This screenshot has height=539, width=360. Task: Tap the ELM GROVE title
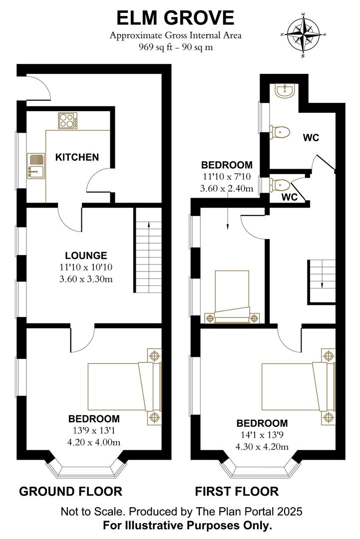click(x=175, y=17)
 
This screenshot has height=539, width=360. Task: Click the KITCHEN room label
click(x=77, y=157)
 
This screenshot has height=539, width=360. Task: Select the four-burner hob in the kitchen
click(x=67, y=120)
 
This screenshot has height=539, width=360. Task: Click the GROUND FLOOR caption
click(x=70, y=492)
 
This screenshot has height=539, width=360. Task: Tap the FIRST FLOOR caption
click(x=237, y=492)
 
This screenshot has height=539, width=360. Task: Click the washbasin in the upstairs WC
click(x=286, y=90)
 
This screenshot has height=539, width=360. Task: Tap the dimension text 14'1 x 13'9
click(x=262, y=434)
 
